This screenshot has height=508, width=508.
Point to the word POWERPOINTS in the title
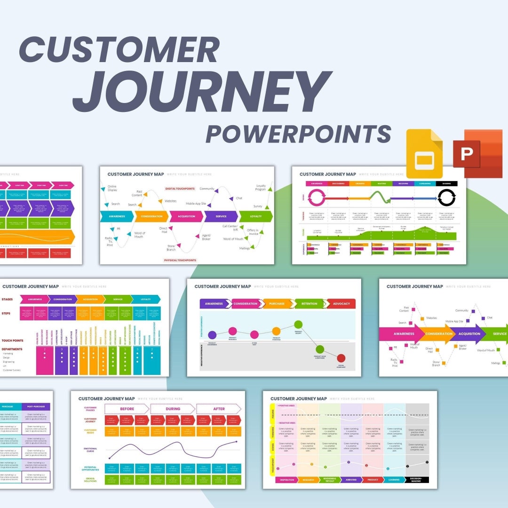(299, 134)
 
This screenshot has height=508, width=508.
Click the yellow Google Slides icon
(424, 153)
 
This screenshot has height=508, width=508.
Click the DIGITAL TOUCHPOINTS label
(180, 189)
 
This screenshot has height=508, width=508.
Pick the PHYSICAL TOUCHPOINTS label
(180, 260)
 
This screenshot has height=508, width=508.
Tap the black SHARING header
(446, 184)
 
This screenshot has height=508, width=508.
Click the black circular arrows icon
(446, 198)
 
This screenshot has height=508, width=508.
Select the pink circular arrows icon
(316, 198)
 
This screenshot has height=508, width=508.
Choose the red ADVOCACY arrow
(341, 304)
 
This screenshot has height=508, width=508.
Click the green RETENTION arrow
(309, 304)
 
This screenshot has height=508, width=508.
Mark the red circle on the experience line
(341, 358)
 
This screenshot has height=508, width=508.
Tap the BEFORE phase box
(127, 409)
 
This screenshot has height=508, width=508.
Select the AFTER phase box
(219, 409)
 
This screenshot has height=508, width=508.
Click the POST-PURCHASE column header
(36, 407)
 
